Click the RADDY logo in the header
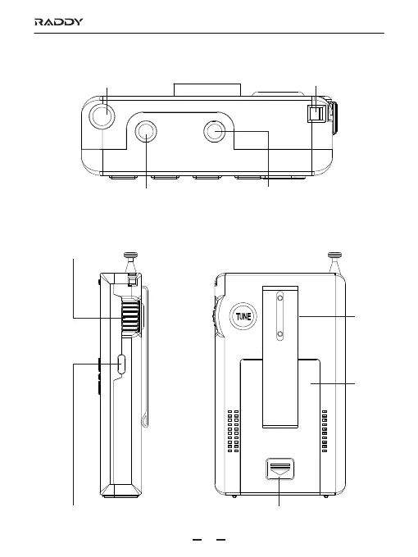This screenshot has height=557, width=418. [59, 22]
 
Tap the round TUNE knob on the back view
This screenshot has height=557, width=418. [243, 316]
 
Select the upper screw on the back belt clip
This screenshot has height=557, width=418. [280, 298]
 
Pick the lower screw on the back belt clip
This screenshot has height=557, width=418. [280, 334]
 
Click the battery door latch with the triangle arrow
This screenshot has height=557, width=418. [280, 469]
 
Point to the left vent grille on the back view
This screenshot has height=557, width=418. [233, 431]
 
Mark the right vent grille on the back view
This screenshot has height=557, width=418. [325, 431]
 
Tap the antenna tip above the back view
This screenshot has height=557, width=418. [334, 255]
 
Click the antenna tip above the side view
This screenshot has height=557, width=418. [130, 255]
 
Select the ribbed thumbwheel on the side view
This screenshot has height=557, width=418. [131, 315]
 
